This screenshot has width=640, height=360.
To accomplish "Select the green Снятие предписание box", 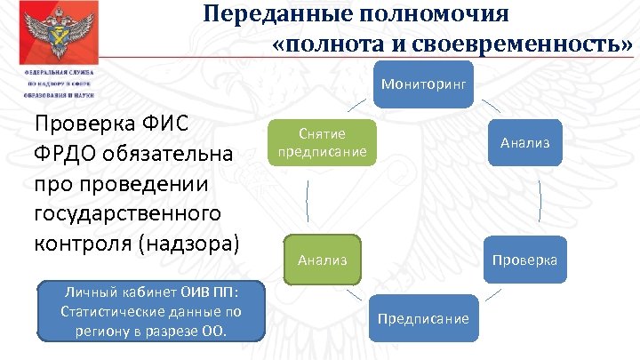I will click(323, 142).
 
